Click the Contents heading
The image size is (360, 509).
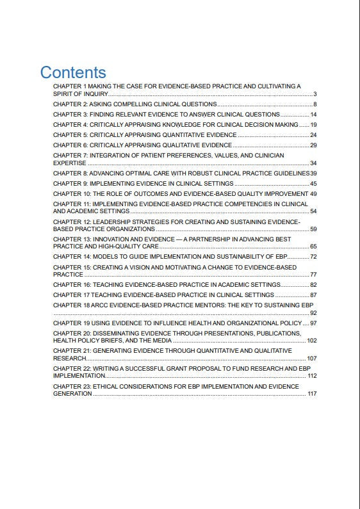pos(73,72)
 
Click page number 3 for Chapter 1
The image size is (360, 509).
pos(315,94)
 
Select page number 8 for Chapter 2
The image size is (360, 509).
pos(315,104)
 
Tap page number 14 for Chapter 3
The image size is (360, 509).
pos(313,114)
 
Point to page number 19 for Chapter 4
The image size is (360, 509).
pos(313,124)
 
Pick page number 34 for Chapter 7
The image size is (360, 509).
pos(313,163)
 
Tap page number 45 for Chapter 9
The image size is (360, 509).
pos(313,184)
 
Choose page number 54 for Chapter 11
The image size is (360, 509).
pos(313,211)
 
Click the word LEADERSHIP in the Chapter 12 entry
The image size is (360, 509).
pos(112,222)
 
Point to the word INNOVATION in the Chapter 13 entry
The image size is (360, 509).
pos(113,239)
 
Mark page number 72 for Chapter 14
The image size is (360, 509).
pos(313,257)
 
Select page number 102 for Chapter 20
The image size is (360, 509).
pos(312,341)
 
